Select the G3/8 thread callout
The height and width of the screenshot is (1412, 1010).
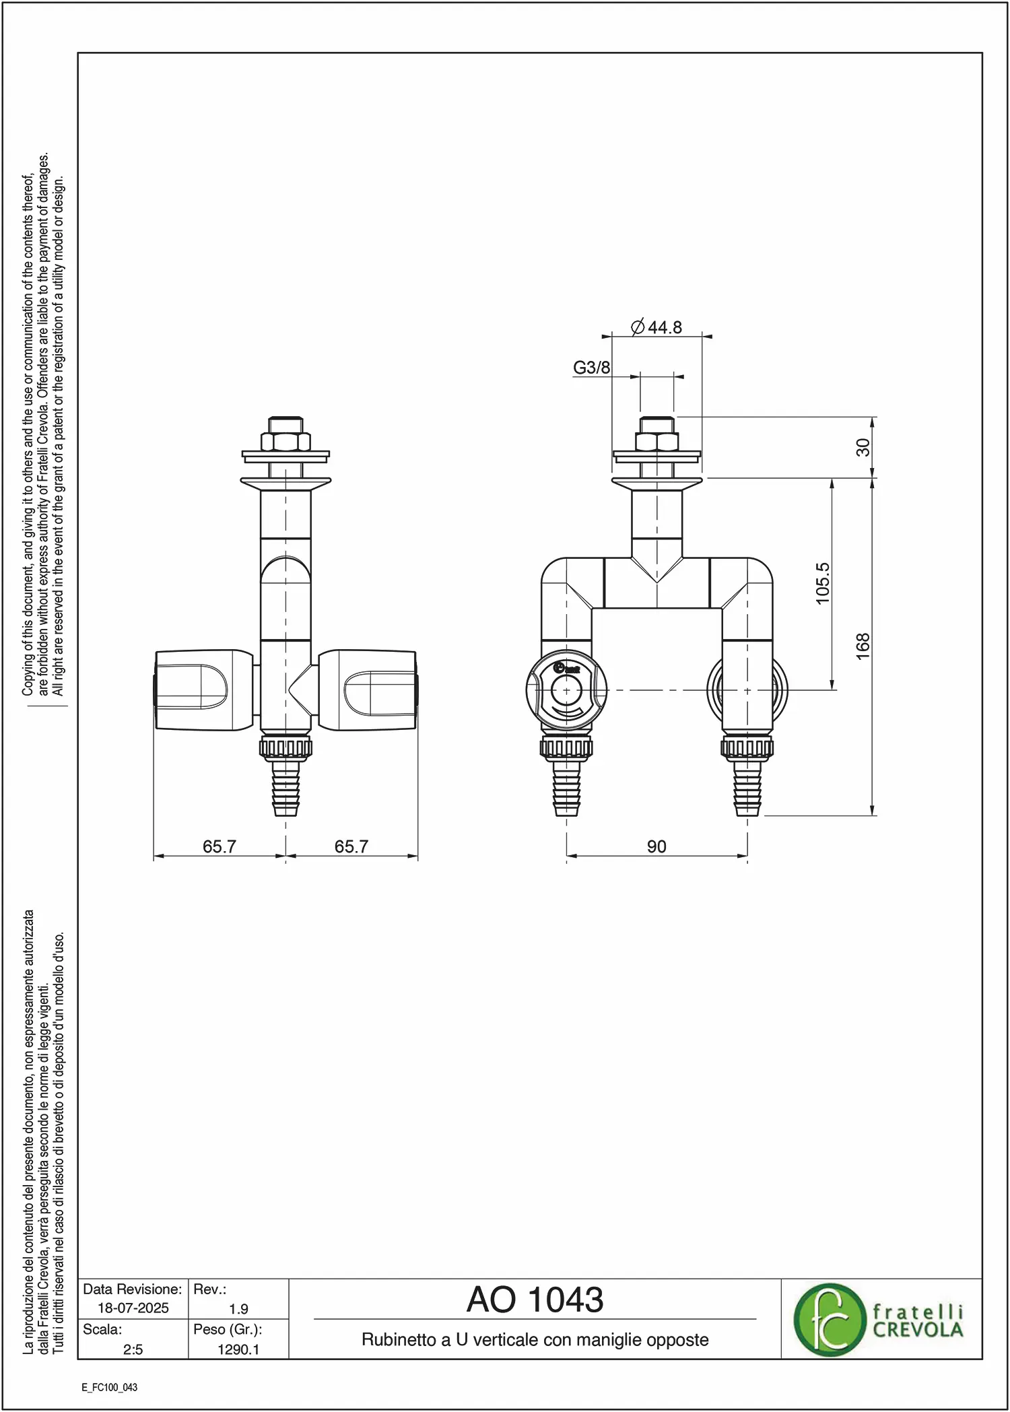click(592, 368)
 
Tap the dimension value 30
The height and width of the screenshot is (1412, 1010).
click(863, 448)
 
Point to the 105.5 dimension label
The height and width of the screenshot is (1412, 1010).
click(823, 584)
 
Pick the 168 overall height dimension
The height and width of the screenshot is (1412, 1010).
click(863, 646)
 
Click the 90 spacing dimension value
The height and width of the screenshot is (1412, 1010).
click(656, 846)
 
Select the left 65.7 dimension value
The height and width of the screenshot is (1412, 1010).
click(220, 846)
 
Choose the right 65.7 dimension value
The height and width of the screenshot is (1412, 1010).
click(351, 846)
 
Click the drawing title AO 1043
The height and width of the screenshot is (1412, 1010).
click(535, 1300)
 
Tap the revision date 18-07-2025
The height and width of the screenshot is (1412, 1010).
click(133, 1308)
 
